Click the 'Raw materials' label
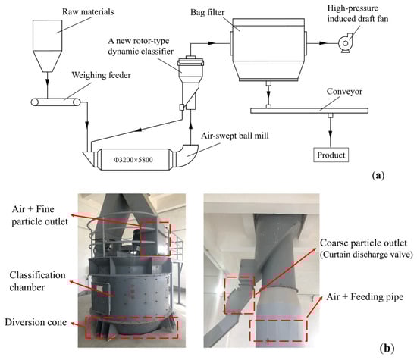88,11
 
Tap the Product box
331,155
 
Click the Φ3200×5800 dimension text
133,159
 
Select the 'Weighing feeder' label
102,75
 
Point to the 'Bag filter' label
208,12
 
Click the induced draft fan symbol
346,42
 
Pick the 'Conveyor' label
344,92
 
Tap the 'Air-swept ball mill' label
235,136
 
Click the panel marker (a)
378,176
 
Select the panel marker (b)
387,348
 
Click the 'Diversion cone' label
36,322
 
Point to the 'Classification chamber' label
37,281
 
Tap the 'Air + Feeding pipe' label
365,297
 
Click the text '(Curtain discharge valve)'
366,255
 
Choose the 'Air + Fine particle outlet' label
40,215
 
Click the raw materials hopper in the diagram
47,45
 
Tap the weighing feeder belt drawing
56,102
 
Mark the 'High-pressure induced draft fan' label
357,14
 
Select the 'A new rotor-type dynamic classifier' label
141,46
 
